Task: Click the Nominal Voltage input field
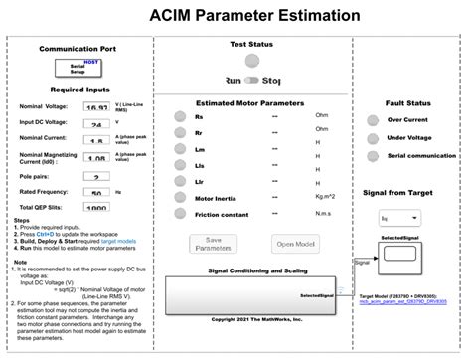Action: click(x=96, y=108)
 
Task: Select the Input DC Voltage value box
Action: click(x=96, y=124)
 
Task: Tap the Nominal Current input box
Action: click(x=96, y=141)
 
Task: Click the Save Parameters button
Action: click(x=212, y=244)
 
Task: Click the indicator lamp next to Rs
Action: click(x=176, y=116)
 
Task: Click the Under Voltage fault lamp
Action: click(x=373, y=138)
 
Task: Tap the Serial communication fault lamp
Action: click(x=373, y=156)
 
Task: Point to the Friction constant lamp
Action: click(x=176, y=213)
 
